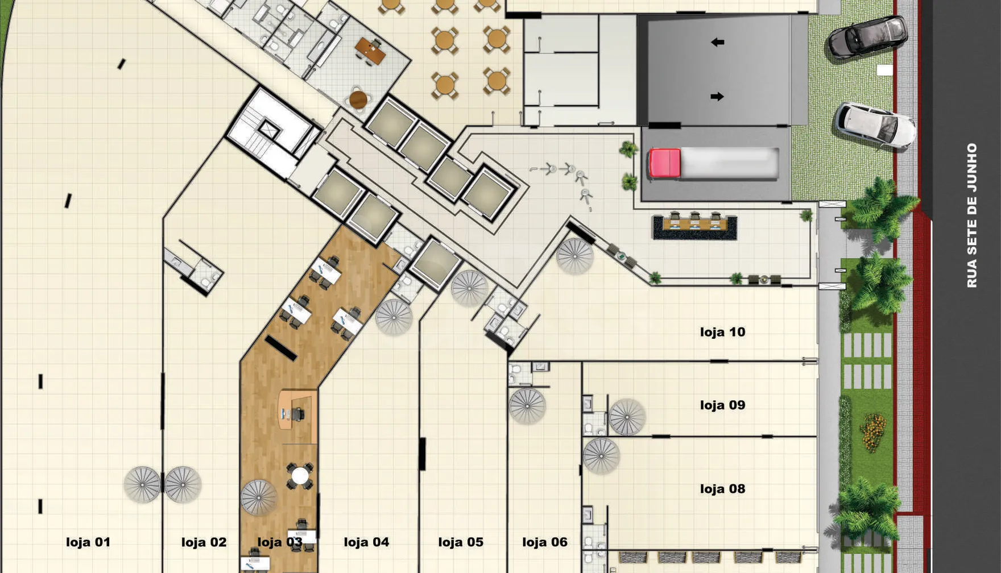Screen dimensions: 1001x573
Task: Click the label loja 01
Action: click(88, 542)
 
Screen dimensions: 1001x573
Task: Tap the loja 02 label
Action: click(204, 542)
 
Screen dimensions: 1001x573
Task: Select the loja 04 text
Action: click(366, 542)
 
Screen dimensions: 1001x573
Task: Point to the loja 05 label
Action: click(461, 542)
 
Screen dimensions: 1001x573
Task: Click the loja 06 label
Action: click(545, 542)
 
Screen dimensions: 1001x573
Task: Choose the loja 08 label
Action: click(722, 489)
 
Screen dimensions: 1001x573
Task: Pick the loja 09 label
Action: click(722, 405)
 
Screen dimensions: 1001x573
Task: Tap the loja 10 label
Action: click(722, 332)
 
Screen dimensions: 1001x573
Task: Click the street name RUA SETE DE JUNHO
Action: click(971, 215)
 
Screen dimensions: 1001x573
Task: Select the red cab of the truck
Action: click(665, 164)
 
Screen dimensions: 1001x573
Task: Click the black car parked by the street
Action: click(867, 37)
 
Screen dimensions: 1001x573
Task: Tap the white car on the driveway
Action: click(875, 126)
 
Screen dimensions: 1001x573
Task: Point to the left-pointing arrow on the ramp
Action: click(717, 42)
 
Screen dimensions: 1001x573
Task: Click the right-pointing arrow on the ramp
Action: click(717, 97)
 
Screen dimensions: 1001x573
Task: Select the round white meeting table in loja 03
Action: click(300, 476)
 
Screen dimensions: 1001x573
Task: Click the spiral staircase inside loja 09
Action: click(627, 417)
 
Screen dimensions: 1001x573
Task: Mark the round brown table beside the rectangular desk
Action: click(358, 100)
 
